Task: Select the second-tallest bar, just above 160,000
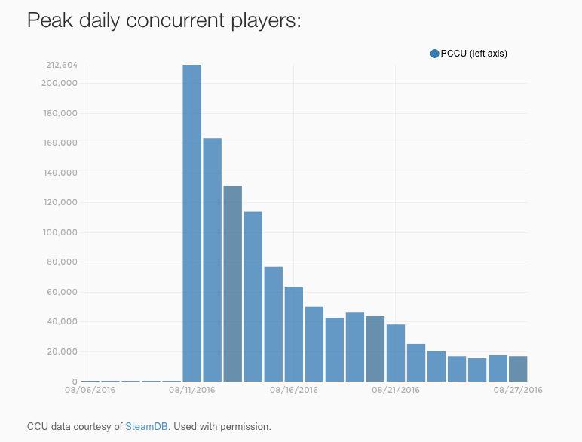pos(213,259)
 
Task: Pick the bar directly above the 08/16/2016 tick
pos(293,334)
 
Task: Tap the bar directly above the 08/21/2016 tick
pos(396,353)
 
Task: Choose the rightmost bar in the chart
pos(518,369)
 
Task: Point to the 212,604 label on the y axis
pos(62,66)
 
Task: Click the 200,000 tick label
pos(60,83)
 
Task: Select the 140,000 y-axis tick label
pos(60,173)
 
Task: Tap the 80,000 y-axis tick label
pos(62,262)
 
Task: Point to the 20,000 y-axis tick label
pos(63,351)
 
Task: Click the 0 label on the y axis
pos(75,382)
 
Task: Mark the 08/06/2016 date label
pos(90,390)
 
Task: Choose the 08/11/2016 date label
pos(192,390)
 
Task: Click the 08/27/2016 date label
pos(518,390)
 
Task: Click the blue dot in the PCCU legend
pos(435,54)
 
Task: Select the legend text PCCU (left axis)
pos(474,54)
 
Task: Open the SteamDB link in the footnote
pos(146,426)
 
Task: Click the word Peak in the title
pos(50,20)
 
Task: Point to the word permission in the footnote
pos(246,427)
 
